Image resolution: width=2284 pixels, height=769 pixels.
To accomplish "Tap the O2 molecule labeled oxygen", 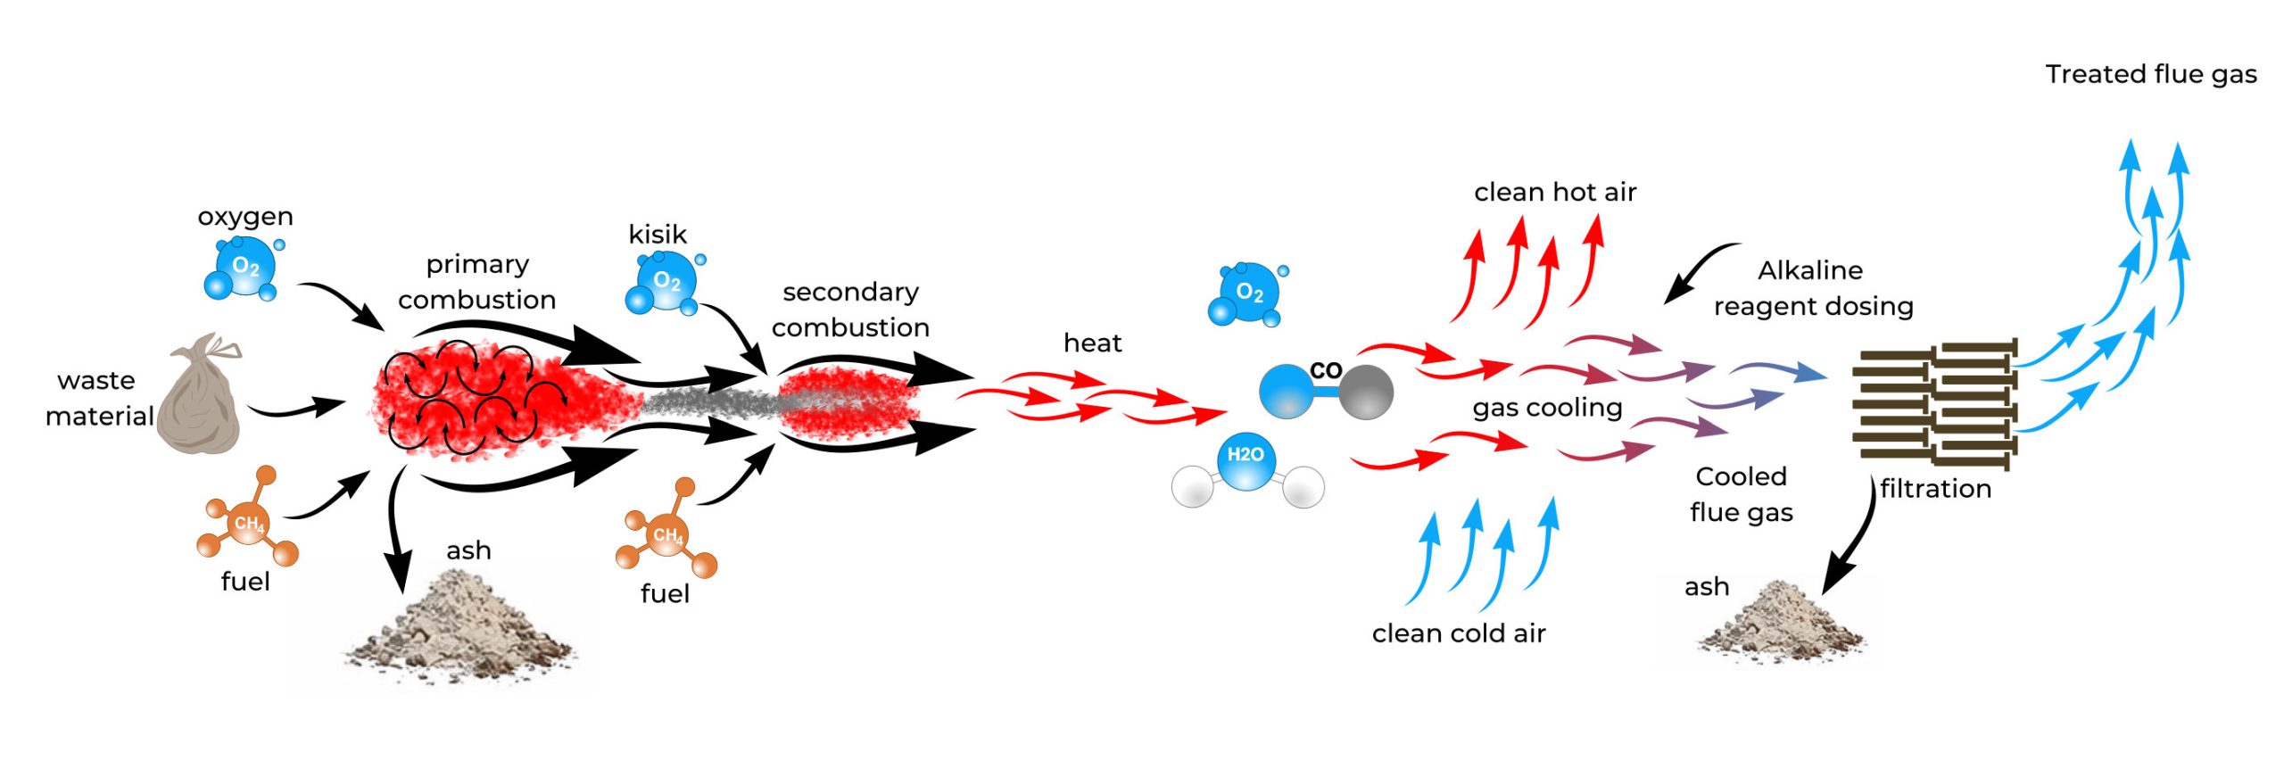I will click(243, 269).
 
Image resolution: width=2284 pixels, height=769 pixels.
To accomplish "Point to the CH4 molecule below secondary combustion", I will click(666, 535).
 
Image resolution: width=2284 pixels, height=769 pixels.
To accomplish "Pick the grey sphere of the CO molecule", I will click(1365, 392).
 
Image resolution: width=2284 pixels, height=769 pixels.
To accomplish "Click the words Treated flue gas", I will click(2150, 74).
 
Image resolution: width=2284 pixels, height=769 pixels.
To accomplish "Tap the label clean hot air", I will click(1554, 192).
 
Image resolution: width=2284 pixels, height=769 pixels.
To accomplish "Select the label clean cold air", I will click(1458, 633).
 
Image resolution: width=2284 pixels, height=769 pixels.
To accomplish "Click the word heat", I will click(1092, 343).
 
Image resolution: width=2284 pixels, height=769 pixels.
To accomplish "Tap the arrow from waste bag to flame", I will click(294, 409).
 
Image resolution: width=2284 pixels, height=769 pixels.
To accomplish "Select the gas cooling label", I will click(1547, 408).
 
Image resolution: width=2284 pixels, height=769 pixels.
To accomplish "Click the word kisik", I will click(657, 235).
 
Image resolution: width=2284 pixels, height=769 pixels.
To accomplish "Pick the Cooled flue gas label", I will click(1741, 494).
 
